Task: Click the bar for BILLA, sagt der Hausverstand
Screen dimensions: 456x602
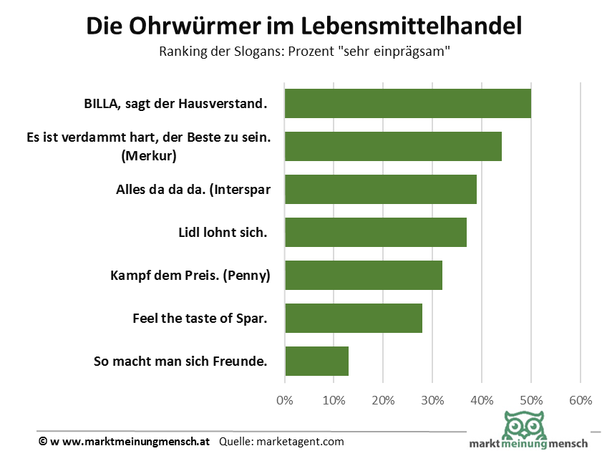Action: (407, 103)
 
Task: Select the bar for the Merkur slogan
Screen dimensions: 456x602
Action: (393, 146)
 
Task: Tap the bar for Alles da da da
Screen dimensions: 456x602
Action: (380, 189)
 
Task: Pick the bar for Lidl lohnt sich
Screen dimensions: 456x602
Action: (375, 232)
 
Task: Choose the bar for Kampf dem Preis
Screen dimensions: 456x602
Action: (363, 275)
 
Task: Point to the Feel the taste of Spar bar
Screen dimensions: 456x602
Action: (353, 318)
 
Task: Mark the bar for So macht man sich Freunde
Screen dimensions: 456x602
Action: (316, 361)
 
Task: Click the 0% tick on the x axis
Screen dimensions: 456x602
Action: (285, 400)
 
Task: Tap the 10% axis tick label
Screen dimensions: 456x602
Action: (334, 400)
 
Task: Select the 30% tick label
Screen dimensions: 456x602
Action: (432, 400)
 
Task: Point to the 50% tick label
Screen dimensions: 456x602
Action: (530, 400)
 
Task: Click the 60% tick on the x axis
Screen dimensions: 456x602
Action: (580, 400)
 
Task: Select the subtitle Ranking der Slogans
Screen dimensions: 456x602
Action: (304, 52)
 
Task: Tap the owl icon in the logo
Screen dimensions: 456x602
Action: (527, 427)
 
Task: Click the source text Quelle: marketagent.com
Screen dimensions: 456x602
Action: (281, 442)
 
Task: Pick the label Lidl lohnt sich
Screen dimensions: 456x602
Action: (222, 233)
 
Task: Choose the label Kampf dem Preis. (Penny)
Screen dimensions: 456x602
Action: (190, 276)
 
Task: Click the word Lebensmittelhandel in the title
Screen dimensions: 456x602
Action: (411, 26)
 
